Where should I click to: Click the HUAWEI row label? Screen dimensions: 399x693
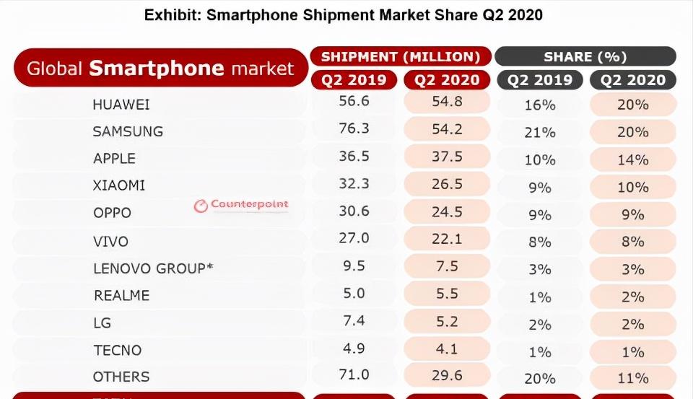click(121, 105)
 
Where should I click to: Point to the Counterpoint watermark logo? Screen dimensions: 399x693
click(241, 205)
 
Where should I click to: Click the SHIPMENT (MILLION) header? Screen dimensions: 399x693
click(401, 57)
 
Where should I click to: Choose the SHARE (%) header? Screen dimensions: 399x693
click(585, 57)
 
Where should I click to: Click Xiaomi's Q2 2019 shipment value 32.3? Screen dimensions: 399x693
click(354, 184)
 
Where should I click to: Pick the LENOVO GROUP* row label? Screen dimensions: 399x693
click(153, 268)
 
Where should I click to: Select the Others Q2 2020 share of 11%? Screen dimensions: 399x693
click(632, 378)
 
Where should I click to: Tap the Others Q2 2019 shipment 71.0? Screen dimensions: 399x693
click(354, 376)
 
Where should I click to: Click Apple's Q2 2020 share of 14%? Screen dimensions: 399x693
click(632, 159)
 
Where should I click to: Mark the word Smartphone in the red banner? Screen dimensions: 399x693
click(156, 69)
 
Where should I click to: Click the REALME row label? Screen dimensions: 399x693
click(122, 295)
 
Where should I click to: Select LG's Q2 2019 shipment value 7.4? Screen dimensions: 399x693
click(354, 321)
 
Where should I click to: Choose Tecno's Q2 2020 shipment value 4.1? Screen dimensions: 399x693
click(447, 348)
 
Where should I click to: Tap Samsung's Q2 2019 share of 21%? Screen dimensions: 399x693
click(540, 132)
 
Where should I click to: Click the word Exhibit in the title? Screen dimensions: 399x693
click(171, 15)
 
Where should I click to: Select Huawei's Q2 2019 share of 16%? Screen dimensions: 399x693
click(540, 105)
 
